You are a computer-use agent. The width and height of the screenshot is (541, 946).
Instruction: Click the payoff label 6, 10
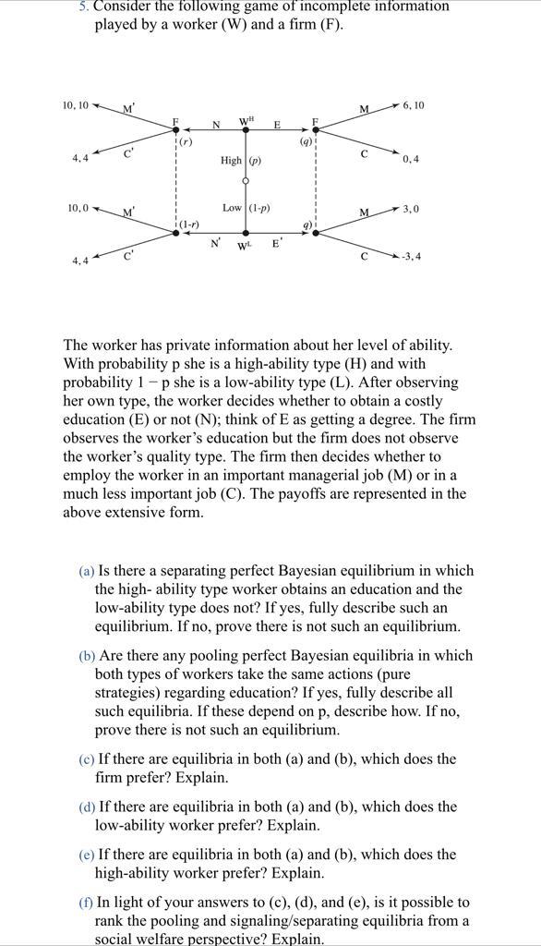(413, 105)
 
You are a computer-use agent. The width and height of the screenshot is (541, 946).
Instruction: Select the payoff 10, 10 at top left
(76, 105)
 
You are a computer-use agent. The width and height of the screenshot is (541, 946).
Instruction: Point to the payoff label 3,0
(410, 209)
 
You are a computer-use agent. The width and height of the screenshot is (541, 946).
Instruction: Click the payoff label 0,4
(410, 159)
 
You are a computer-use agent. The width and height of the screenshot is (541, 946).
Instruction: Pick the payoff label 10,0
(77, 208)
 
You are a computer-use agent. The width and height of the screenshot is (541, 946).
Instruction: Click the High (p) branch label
(240, 161)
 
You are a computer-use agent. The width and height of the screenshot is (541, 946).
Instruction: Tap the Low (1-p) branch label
(246, 208)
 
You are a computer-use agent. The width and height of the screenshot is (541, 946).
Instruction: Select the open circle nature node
(246, 182)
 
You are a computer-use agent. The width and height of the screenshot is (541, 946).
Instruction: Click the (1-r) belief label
(188, 224)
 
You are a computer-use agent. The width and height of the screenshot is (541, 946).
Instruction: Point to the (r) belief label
(186, 142)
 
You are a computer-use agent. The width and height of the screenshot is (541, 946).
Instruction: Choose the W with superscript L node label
(246, 246)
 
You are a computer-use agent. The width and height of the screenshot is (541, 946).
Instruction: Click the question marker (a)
(87, 571)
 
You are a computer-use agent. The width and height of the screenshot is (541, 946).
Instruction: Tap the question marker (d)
(87, 807)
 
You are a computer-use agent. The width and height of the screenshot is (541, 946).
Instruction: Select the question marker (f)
(86, 903)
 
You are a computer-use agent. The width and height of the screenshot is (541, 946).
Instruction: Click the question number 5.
(83, 6)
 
